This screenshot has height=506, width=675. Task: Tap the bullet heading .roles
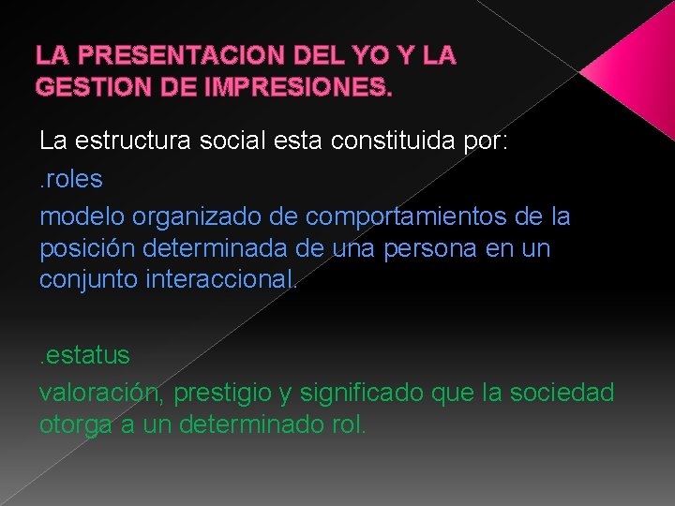pos(71,178)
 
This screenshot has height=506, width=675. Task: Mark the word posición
pos(83,249)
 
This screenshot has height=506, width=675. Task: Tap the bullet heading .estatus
pos(84,356)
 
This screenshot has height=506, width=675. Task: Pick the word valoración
pos(97,392)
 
